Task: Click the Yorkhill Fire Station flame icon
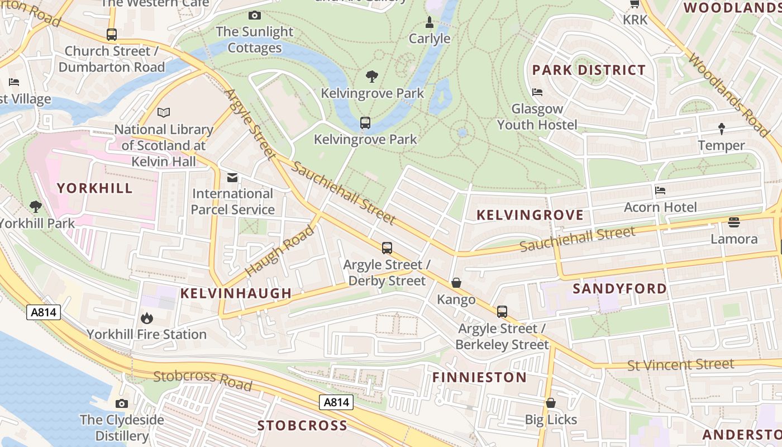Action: pyautogui.click(x=147, y=318)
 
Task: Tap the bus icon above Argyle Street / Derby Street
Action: pyautogui.click(x=387, y=248)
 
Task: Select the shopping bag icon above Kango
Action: pyautogui.click(x=456, y=283)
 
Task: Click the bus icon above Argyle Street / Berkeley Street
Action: pyautogui.click(x=502, y=312)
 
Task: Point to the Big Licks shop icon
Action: pyautogui.click(x=551, y=403)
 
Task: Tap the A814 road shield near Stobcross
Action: pyautogui.click(x=337, y=402)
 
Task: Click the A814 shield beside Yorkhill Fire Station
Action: pyautogui.click(x=44, y=312)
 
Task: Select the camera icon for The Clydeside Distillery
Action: pyautogui.click(x=122, y=403)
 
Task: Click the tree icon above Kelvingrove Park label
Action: pyautogui.click(x=371, y=77)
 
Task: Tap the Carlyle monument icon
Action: pyautogui.click(x=429, y=22)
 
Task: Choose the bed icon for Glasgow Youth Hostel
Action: pyautogui.click(x=537, y=92)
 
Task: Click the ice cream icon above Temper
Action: pyautogui.click(x=721, y=129)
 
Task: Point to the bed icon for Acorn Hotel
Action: pyautogui.click(x=660, y=191)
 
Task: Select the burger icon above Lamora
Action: pyautogui.click(x=734, y=222)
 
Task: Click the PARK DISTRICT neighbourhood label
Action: pyautogui.click(x=589, y=70)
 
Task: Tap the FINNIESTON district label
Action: pyautogui.click(x=479, y=377)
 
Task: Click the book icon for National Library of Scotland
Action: pyautogui.click(x=164, y=113)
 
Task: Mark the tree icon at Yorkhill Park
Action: pyautogui.click(x=36, y=207)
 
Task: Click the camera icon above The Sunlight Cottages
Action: pyautogui.click(x=255, y=16)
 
